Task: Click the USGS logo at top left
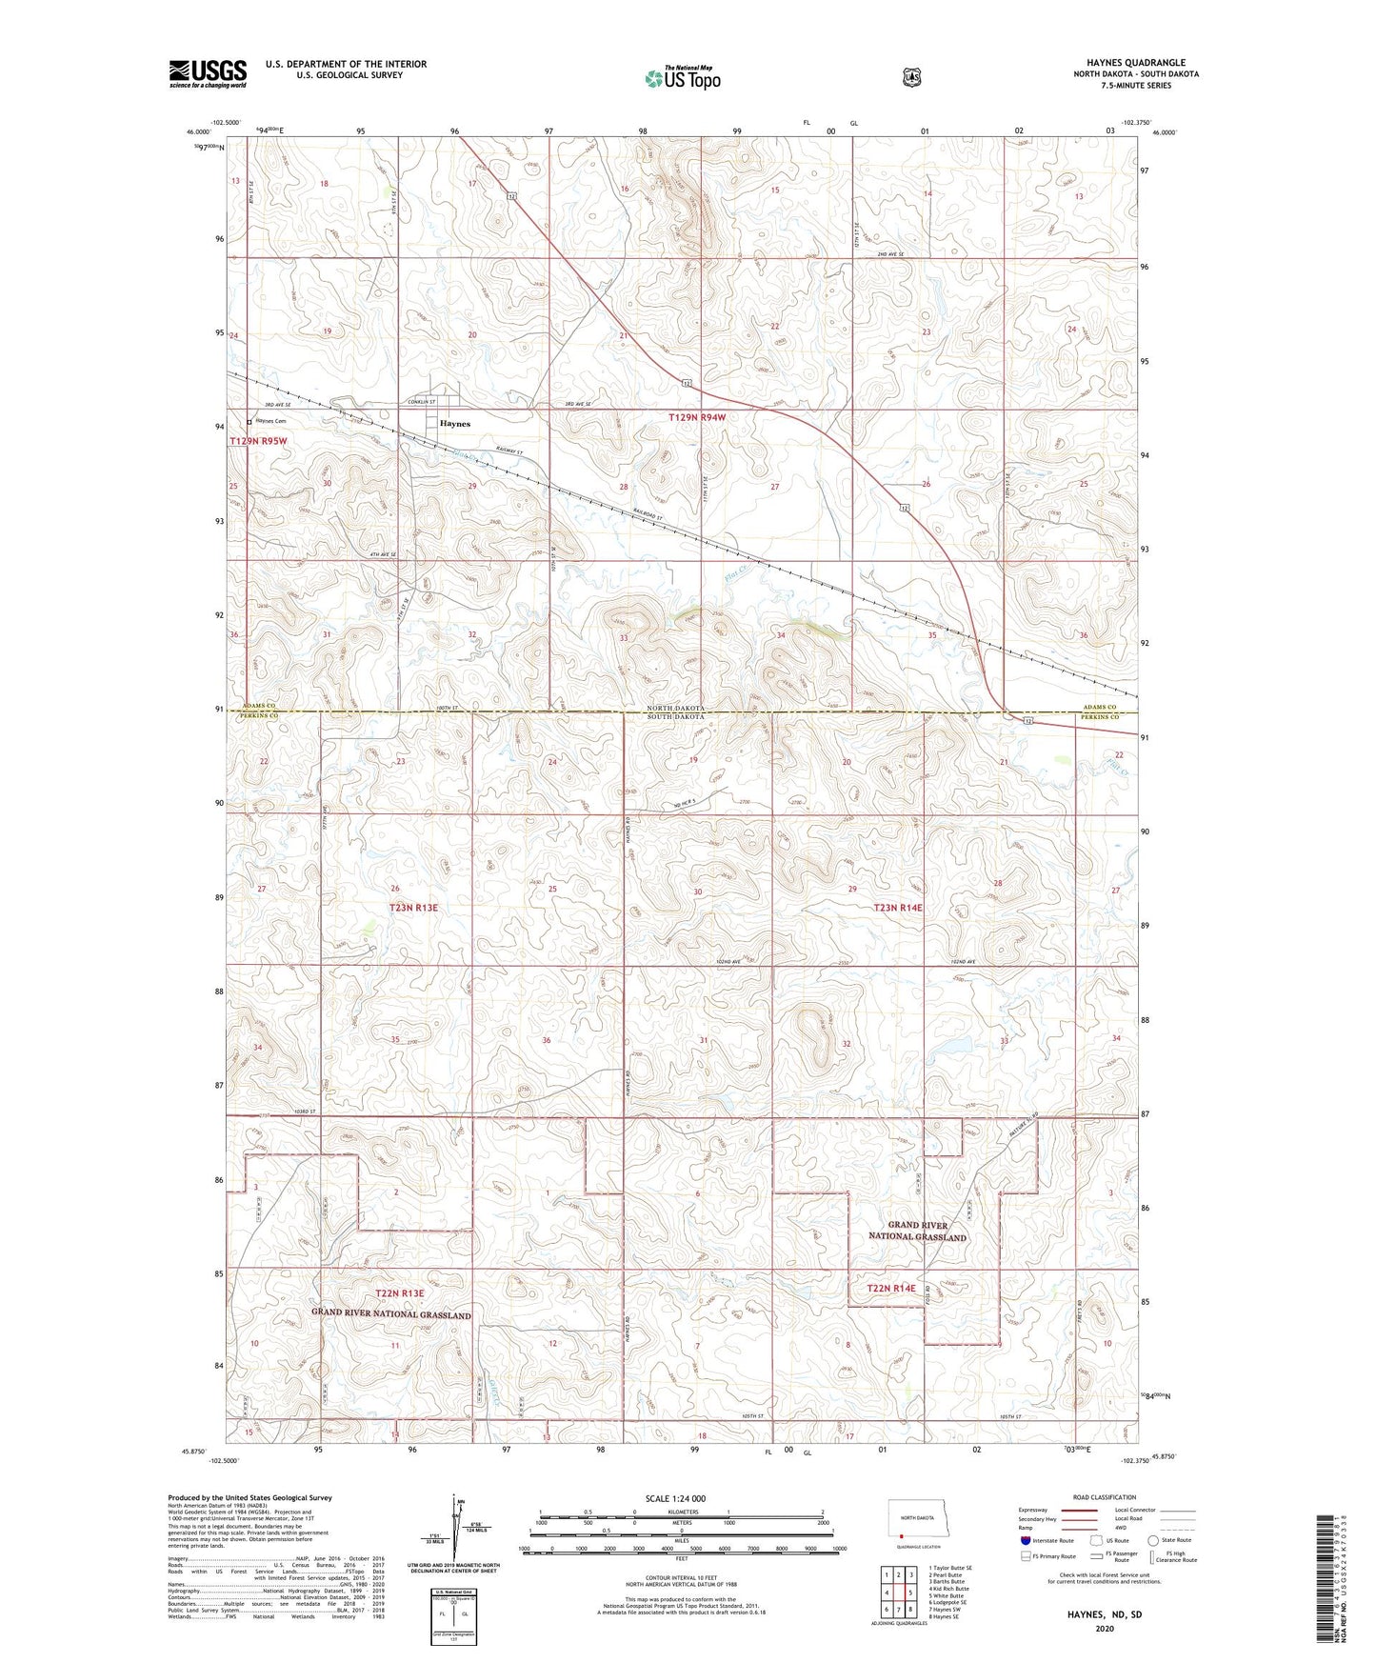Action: click(208, 73)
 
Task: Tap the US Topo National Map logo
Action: click(681, 77)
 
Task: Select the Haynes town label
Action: click(454, 424)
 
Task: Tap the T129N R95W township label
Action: click(257, 442)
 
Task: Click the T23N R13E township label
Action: click(413, 908)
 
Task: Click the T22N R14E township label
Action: click(890, 1289)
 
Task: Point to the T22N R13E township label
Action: click(399, 1293)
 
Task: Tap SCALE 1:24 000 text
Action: click(675, 1498)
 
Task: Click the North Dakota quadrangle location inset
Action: click(915, 1521)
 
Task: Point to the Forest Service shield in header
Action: click(911, 77)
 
